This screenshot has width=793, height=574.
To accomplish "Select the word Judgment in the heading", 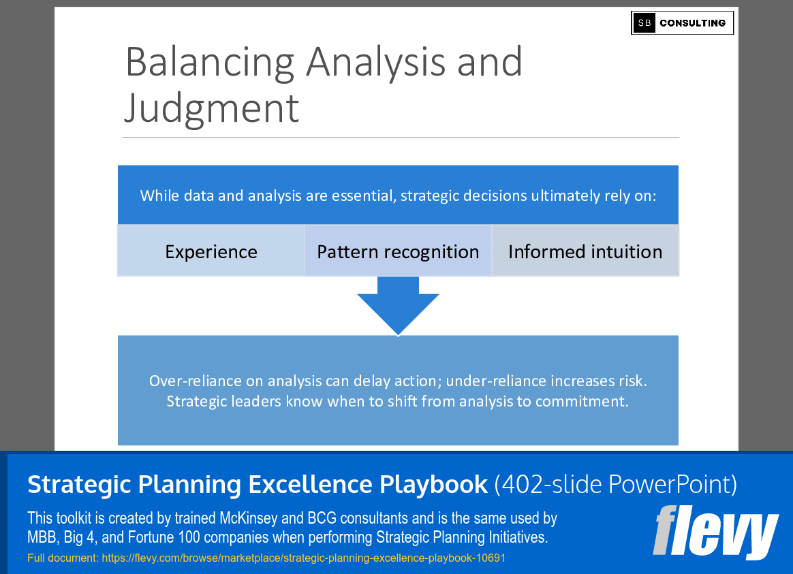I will tap(212, 108).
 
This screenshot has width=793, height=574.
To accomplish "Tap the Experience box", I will tap(211, 252).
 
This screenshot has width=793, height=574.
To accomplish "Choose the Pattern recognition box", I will tap(398, 252).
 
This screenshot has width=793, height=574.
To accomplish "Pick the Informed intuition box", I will tap(585, 252).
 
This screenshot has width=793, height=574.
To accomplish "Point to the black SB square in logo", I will tap(644, 23).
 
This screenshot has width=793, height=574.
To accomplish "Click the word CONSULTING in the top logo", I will tap(692, 23).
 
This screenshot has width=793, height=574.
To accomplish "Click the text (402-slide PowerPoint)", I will tap(615, 485).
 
